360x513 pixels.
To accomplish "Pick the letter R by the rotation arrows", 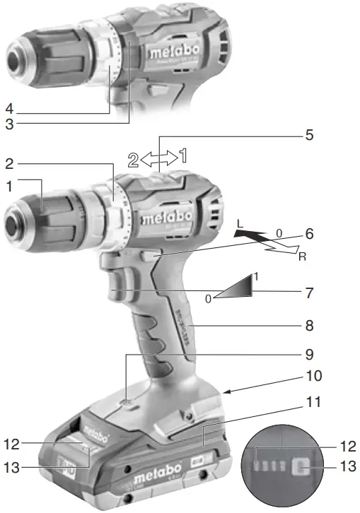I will (301, 257).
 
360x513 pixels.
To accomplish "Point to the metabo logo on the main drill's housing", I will (164, 218).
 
